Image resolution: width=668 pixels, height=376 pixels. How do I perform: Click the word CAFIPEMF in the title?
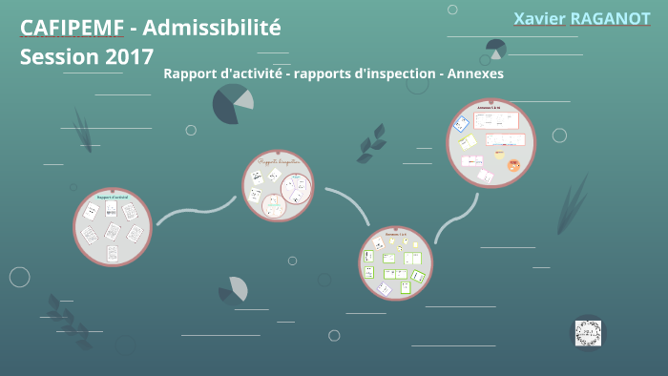72,28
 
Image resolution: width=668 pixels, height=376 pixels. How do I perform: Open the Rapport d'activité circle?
113,226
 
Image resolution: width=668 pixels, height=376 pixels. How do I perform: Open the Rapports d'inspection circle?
277,186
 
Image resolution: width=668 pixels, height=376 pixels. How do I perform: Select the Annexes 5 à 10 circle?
491,144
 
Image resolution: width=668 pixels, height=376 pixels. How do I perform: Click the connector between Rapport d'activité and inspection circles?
195,212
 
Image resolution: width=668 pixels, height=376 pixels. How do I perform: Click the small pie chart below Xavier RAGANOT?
495,48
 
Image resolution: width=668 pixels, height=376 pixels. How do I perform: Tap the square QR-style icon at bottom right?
589,332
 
